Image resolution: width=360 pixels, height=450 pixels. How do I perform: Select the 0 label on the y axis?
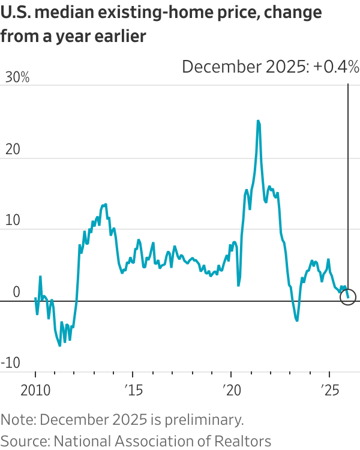tap(16, 292)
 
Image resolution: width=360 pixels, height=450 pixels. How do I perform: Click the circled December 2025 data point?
tap(348, 296)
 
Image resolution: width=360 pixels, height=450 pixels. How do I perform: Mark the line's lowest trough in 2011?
tap(59, 346)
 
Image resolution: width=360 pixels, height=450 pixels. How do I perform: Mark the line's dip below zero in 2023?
tap(296, 320)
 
